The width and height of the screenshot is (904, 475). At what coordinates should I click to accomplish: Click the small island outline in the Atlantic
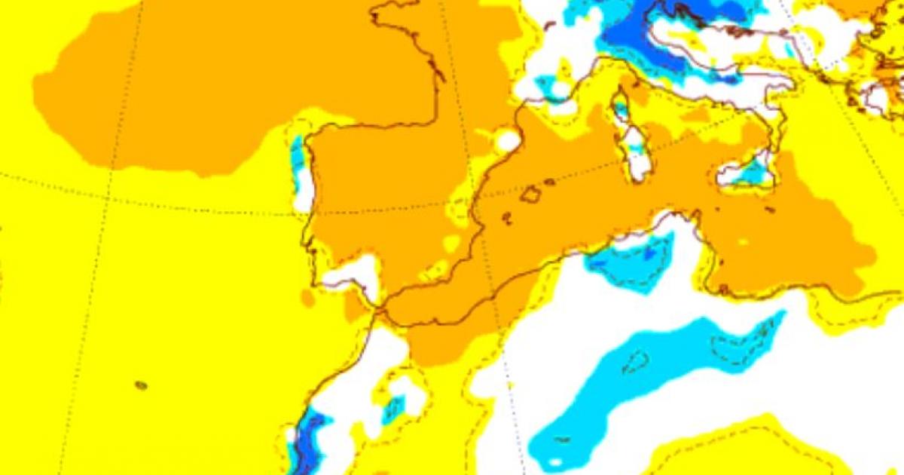coord(141,385)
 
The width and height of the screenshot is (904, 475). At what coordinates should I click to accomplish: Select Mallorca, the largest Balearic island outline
coord(531,195)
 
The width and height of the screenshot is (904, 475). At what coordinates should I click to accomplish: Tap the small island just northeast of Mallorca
coord(550,182)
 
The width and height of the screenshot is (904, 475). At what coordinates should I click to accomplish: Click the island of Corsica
coord(621,106)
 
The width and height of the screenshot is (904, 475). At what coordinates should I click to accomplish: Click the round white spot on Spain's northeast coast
coord(507,140)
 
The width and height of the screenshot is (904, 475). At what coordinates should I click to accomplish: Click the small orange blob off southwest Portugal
coord(307,298)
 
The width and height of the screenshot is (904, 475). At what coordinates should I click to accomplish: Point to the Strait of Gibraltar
coord(377,308)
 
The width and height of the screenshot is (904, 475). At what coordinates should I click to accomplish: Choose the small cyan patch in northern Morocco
coord(392,410)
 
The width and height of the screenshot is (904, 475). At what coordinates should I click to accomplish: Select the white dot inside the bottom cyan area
coord(555,461)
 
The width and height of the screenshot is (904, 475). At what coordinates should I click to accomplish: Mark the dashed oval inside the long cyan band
coord(635,361)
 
